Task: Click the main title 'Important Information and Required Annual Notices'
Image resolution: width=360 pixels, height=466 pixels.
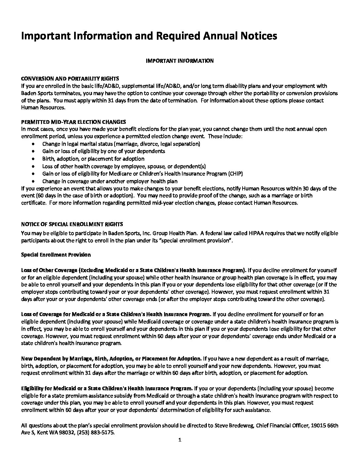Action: pyautogui.click(x=149, y=36)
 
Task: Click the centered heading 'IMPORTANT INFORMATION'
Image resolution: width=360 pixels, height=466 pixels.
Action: pyautogui.click(x=180, y=61)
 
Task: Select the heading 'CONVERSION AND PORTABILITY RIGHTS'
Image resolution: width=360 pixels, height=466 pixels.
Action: pyautogui.click(x=70, y=79)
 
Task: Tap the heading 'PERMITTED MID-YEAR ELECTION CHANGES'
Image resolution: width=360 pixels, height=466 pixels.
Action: pyautogui.click(x=73, y=122)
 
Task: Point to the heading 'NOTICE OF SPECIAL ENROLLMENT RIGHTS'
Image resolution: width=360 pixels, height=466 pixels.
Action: pyautogui.click(x=72, y=224)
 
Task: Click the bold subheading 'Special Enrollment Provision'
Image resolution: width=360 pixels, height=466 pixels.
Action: pyautogui.click(x=56, y=255)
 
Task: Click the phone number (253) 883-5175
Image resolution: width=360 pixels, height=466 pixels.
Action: pyautogui.click(x=99, y=433)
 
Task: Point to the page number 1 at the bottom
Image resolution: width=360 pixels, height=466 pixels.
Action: pyautogui.click(x=180, y=440)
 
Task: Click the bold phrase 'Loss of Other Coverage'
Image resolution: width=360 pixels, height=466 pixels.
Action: pyautogui.click(x=49, y=270)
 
